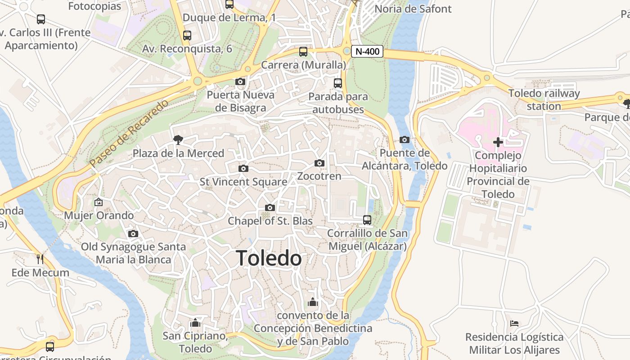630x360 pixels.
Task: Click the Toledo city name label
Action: [x=269, y=258]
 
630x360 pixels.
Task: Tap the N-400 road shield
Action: [x=367, y=51]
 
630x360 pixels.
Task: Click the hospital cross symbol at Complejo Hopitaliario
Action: [x=498, y=142]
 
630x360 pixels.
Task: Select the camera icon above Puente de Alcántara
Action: [x=405, y=139]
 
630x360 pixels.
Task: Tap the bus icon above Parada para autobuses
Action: [x=338, y=83]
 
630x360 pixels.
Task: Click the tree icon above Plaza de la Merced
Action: [x=178, y=139]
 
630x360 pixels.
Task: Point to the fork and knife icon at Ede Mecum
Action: [x=40, y=259]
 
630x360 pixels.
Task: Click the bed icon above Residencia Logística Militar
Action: [x=514, y=323]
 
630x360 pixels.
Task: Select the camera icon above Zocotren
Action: [x=319, y=163]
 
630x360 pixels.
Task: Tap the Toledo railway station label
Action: [x=544, y=100]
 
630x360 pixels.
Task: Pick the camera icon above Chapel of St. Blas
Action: [x=270, y=207]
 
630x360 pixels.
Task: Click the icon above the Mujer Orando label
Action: [x=99, y=202]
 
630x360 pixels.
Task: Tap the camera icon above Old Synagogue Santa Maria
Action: [x=133, y=234]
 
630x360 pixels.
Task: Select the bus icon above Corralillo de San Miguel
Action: [x=367, y=220]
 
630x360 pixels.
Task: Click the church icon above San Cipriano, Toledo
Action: [x=195, y=323]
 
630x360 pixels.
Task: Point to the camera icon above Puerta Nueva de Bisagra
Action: [x=240, y=81]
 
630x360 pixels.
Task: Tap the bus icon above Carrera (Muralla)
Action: [x=303, y=52]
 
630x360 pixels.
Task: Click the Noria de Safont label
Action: [x=413, y=9]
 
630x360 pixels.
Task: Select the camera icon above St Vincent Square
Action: [x=243, y=168]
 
